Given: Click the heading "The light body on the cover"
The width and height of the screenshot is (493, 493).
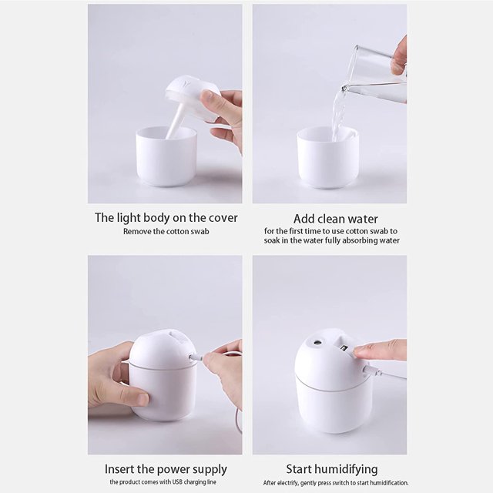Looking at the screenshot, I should pos(166,218).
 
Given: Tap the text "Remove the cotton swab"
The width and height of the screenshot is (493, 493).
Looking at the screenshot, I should pos(166,231).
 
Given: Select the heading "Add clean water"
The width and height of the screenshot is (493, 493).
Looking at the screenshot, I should pos(335,219).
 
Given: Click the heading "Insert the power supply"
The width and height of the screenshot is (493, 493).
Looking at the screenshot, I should pos(166,469).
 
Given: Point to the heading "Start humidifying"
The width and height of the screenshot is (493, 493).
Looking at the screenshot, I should pos(332,469).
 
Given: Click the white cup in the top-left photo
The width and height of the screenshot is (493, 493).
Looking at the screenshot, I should pos(166,158).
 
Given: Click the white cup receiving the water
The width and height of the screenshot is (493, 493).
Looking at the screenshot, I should pos(327,160).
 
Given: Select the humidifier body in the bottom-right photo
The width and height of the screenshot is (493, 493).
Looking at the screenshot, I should pos(333,393).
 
